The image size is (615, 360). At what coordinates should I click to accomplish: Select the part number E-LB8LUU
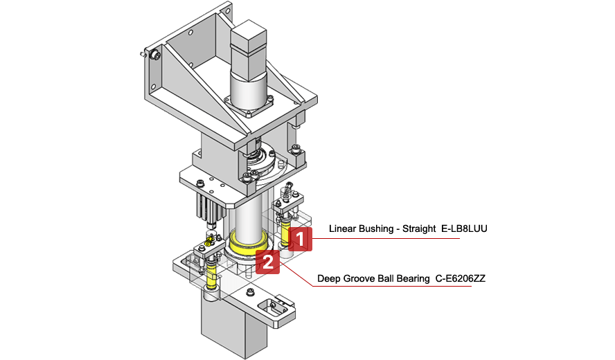click(464, 228)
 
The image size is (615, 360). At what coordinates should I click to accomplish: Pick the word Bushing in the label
click(377, 228)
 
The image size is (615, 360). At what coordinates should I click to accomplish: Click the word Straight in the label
click(419, 228)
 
